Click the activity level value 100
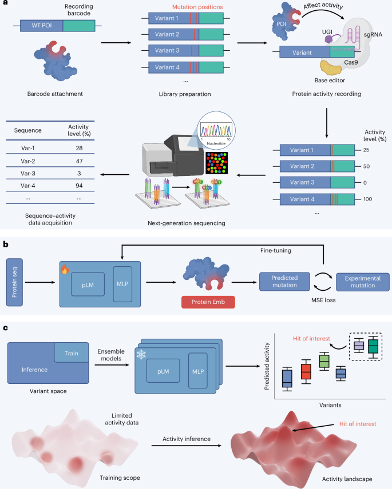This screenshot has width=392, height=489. click(362, 200)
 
